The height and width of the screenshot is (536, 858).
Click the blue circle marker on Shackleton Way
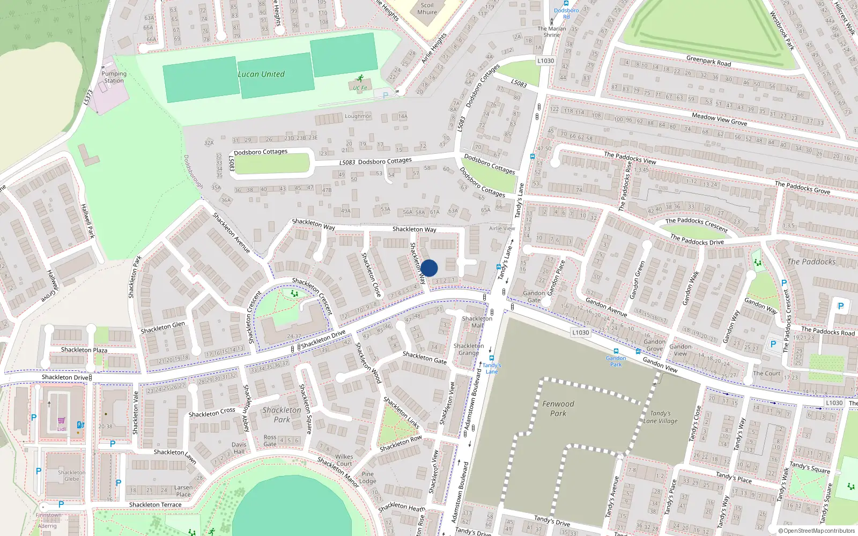(429, 268)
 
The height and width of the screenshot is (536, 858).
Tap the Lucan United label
(261, 75)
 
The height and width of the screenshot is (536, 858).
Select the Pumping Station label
(114, 77)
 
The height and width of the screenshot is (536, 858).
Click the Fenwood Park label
(558, 408)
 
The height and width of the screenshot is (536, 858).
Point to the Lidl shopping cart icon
(62, 421)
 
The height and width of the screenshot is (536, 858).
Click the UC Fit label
(360, 88)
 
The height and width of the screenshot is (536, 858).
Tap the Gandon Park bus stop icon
(616, 352)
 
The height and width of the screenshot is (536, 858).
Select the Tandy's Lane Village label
(660, 417)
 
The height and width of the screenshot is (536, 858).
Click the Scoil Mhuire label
(427, 9)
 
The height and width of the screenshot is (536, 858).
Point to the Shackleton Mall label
(477, 322)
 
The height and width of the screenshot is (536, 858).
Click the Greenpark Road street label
(708, 61)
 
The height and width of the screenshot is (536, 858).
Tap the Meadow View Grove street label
(719, 119)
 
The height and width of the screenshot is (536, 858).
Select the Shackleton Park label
(282, 414)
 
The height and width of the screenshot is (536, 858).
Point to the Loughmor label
(358, 116)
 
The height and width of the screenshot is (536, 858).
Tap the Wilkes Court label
(344, 460)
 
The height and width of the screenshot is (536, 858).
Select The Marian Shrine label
(552, 32)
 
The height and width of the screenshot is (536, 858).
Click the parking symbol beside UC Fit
(385, 95)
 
